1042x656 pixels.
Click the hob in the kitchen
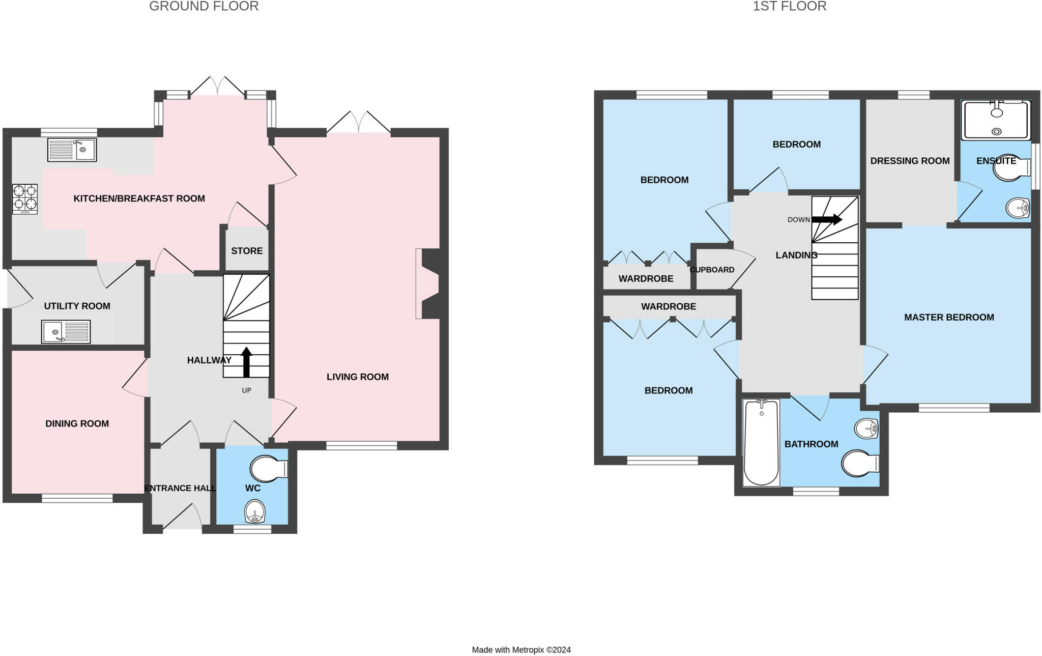click(25, 198)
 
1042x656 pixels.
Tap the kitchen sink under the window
click(72, 150)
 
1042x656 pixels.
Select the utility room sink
click(66, 332)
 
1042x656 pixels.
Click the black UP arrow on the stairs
click(246, 362)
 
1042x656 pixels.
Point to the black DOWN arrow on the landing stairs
click(827, 219)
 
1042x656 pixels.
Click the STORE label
click(247, 251)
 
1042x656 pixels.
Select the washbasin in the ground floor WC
click(254, 511)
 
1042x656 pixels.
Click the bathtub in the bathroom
click(762, 443)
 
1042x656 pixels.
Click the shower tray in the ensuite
click(996, 120)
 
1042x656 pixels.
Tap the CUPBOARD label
click(712, 270)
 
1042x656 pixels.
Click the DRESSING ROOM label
click(910, 161)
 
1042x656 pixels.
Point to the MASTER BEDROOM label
click(949, 317)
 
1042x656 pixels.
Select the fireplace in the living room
click(427, 283)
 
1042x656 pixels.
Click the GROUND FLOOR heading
click(204, 6)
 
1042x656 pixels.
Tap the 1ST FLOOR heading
click(790, 6)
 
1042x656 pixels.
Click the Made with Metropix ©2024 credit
click(521, 650)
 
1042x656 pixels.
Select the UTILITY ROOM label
click(77, 306)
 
